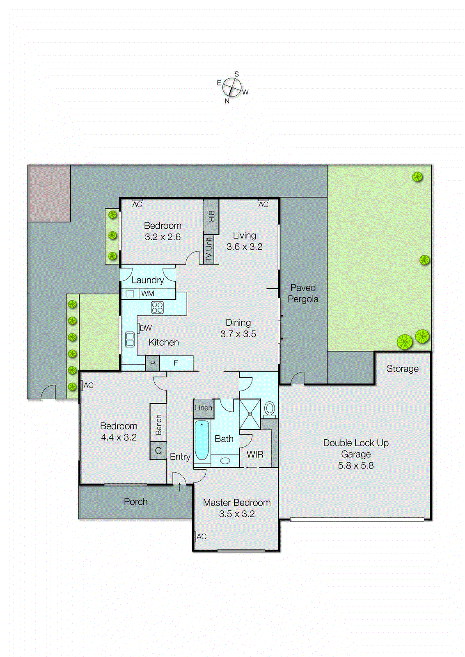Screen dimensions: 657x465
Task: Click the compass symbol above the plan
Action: tap(232, 87)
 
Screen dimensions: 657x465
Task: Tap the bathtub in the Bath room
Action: tap(202, 440)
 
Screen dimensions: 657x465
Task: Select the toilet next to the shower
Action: tap(270, 409)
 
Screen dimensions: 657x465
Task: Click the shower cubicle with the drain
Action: tap(250, 414)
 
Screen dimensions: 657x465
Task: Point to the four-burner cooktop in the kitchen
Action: tap(157, 307)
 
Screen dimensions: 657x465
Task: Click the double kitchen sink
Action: tap(130, 340)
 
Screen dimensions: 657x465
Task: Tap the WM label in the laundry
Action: tap(148, 294)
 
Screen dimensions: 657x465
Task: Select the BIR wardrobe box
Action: tap(211, 216)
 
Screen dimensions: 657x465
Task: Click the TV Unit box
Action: tap(208, 249)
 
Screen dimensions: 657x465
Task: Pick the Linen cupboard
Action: tap(204, 408)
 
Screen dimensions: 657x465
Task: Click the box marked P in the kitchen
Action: tap(153, 363)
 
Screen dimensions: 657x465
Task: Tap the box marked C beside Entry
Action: tap(158, 451)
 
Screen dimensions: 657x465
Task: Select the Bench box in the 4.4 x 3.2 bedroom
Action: tap(158, 424)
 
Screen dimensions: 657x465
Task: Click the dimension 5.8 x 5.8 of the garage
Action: tap(355, 466)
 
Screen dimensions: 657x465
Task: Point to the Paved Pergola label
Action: tap(303, 293)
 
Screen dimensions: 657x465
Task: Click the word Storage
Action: tap(402, 369)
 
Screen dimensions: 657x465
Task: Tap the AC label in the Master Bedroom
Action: tap(201, 536)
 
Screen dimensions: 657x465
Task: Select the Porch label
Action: tap(135, 501)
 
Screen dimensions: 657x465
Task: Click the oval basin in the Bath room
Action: tap(225, 461)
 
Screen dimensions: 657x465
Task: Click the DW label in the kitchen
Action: tap(146, 328)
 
